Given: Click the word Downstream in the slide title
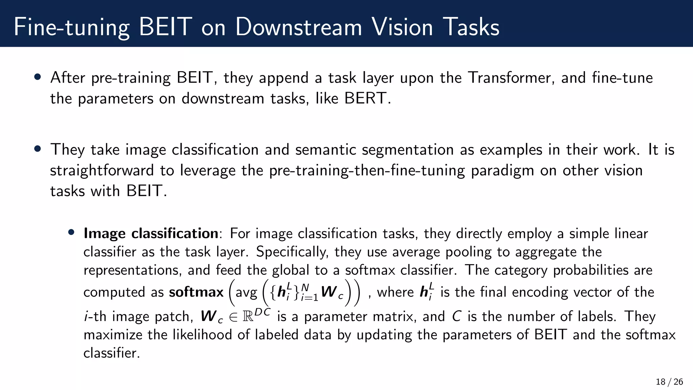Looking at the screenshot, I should (298, 27).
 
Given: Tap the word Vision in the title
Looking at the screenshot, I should (402, 27).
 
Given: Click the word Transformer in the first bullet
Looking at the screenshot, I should (511, 78).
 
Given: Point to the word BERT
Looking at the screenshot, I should (365, 99).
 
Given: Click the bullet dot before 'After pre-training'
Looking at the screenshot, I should (38, 77).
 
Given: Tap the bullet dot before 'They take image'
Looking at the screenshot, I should (38, 149).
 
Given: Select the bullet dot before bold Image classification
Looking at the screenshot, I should (71, 232).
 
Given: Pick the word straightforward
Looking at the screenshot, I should (102, 170).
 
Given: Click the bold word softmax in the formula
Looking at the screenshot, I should (196, 292).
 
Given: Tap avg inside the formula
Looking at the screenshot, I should (246, 293).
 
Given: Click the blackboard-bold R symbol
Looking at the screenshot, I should (248, 317).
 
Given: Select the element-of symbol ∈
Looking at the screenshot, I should (233, 317).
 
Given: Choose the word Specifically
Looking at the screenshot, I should (292, 252).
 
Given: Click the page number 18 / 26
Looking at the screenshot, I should (669, 382).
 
